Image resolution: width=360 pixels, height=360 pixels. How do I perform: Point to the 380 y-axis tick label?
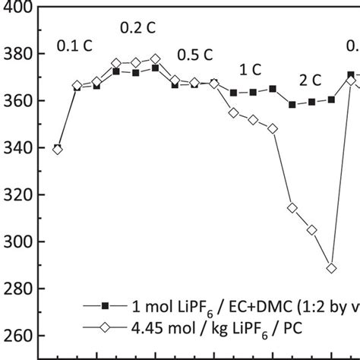pyautogui.click(x=16, y=55)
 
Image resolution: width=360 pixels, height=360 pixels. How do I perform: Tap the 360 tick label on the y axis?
pyautogui.click(x=16, y=102)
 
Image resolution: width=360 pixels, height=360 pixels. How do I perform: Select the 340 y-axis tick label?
pyautogui.click(x=16, y=149)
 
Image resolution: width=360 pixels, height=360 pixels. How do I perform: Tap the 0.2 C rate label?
pyautogui.click(x=137, y=29)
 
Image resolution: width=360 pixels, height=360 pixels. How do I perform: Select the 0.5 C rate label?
pyautogui.click(x=195, y=55)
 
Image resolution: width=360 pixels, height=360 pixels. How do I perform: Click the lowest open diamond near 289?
pyautogui.click(x=331, y=268)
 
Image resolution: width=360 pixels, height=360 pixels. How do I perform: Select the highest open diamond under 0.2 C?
pyautogui.click(x=155, y=59)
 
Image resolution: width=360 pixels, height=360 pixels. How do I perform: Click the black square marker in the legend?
pyautogui.click(x=106, y=305)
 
